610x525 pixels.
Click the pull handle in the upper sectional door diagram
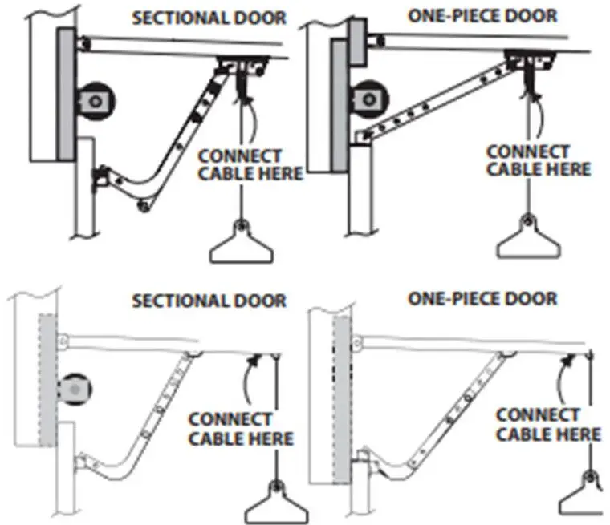(238, 245)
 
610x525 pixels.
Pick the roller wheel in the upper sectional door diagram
(96, 100)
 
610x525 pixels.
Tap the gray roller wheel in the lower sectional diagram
(75, 388)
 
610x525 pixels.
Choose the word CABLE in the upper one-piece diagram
(508, 169)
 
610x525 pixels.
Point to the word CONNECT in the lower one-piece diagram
(537, 415)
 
